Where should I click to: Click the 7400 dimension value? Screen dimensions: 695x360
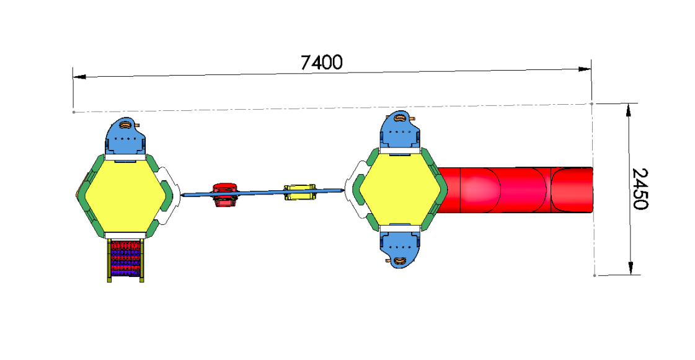point(321,63)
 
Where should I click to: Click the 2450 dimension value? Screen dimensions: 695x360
point(640,188)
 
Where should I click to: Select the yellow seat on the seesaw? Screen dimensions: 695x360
point(300,191)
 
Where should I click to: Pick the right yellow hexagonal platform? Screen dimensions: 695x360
point(400,190)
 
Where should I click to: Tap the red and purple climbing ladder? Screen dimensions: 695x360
point(126,260)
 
